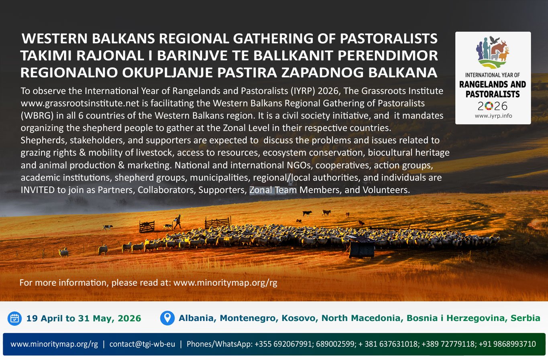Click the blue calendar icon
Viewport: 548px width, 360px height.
(x=14, y=318)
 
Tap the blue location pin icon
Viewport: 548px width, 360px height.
(x=167, y=318)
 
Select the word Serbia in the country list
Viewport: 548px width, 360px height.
(x=525, y=318)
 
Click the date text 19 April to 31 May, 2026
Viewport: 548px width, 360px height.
(x=84, y=319)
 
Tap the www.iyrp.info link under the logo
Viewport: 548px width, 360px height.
(x=493, y=116)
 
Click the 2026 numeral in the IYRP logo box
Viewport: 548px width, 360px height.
(x=493, y=106)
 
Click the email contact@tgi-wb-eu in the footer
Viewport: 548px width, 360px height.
(x=142, y=344)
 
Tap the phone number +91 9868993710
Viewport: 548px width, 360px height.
(x=507, y=344)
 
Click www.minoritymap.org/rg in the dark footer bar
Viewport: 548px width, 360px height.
(x=54, y=344)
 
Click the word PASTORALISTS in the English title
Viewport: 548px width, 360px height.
(x=389, y=39)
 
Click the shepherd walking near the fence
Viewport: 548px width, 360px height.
(x=177, y=221)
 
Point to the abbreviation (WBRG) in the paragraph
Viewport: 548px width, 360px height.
(x=37, y=116)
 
